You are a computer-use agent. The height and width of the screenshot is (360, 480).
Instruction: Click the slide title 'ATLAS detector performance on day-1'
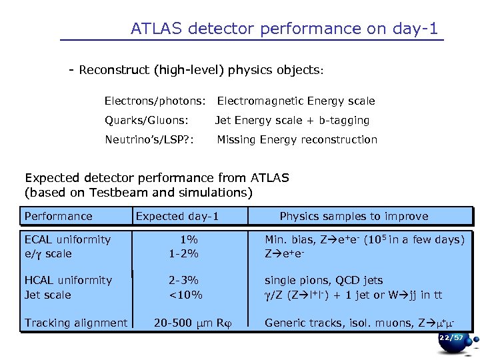(x=285, y=29)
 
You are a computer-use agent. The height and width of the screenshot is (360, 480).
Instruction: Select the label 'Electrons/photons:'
(x=155, y=101)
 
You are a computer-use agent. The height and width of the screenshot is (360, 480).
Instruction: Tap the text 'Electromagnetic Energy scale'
(x=296, y=101)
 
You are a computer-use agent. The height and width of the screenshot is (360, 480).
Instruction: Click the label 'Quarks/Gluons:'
(x=147, y=121)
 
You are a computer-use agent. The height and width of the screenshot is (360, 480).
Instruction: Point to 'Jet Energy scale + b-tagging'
(x=292, y=121)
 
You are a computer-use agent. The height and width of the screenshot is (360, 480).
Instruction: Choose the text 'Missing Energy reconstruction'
(x=297, y=140)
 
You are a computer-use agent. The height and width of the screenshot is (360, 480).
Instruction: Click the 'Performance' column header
(x=59, y=216)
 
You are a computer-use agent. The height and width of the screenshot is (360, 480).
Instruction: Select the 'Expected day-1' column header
(x=177, y=216)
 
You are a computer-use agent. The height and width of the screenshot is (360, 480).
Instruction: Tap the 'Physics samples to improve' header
(x=354, y=216)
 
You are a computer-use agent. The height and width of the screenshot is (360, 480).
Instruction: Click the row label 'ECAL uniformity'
(x=67, y=239)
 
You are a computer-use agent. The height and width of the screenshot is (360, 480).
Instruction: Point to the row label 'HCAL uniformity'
(x=68, y=281)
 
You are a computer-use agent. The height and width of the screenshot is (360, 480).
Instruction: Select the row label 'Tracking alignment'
(x=76, y=323)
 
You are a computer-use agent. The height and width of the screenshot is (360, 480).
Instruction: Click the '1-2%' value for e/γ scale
(x=184, y=254)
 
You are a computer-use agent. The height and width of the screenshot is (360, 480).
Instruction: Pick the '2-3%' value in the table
(x=184, y=281)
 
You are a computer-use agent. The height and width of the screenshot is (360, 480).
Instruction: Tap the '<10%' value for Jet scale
(x=185, y=295)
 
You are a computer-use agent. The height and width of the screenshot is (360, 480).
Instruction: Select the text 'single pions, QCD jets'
(x=324, y=281)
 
